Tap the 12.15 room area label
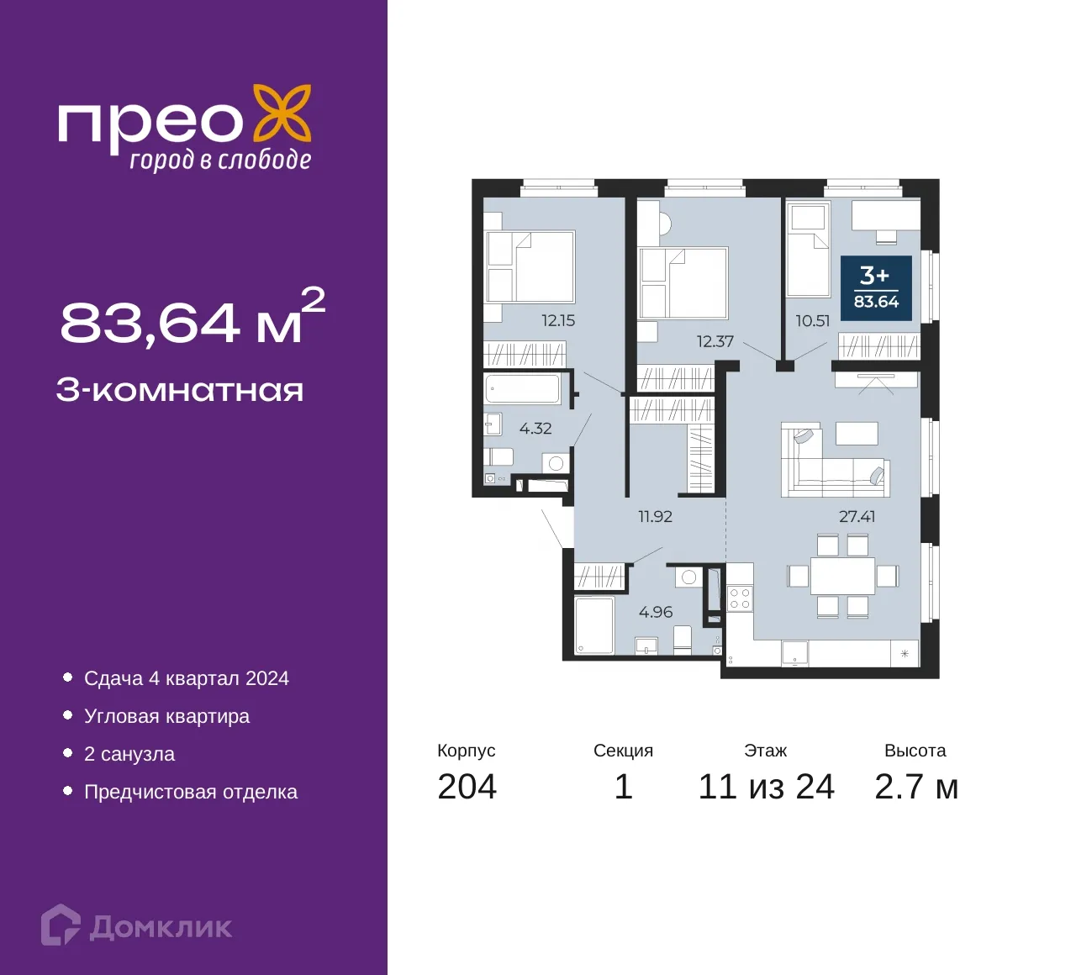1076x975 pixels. coord(558,321)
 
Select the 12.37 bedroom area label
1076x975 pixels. coord(715,341)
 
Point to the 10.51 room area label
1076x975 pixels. coord(812,321)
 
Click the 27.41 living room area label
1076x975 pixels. coord(857,516)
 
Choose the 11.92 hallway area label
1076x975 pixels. coord(655,516)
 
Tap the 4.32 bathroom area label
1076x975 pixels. coord(535,429)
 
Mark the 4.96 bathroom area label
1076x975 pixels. coord(656,612)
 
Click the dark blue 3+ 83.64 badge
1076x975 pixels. coord(876,288)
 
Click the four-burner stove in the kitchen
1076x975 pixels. coord(739,598)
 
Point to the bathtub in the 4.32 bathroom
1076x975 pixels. coord(522,389)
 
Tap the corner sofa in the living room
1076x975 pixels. coord(835,462)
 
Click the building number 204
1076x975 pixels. coord(467,787)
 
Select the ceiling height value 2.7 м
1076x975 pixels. coord(916,787)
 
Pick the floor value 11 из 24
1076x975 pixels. coord(766,787)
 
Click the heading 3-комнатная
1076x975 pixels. coord(180,391)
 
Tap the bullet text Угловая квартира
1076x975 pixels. coord(166,716)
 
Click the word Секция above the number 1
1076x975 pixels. coord(623,751)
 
